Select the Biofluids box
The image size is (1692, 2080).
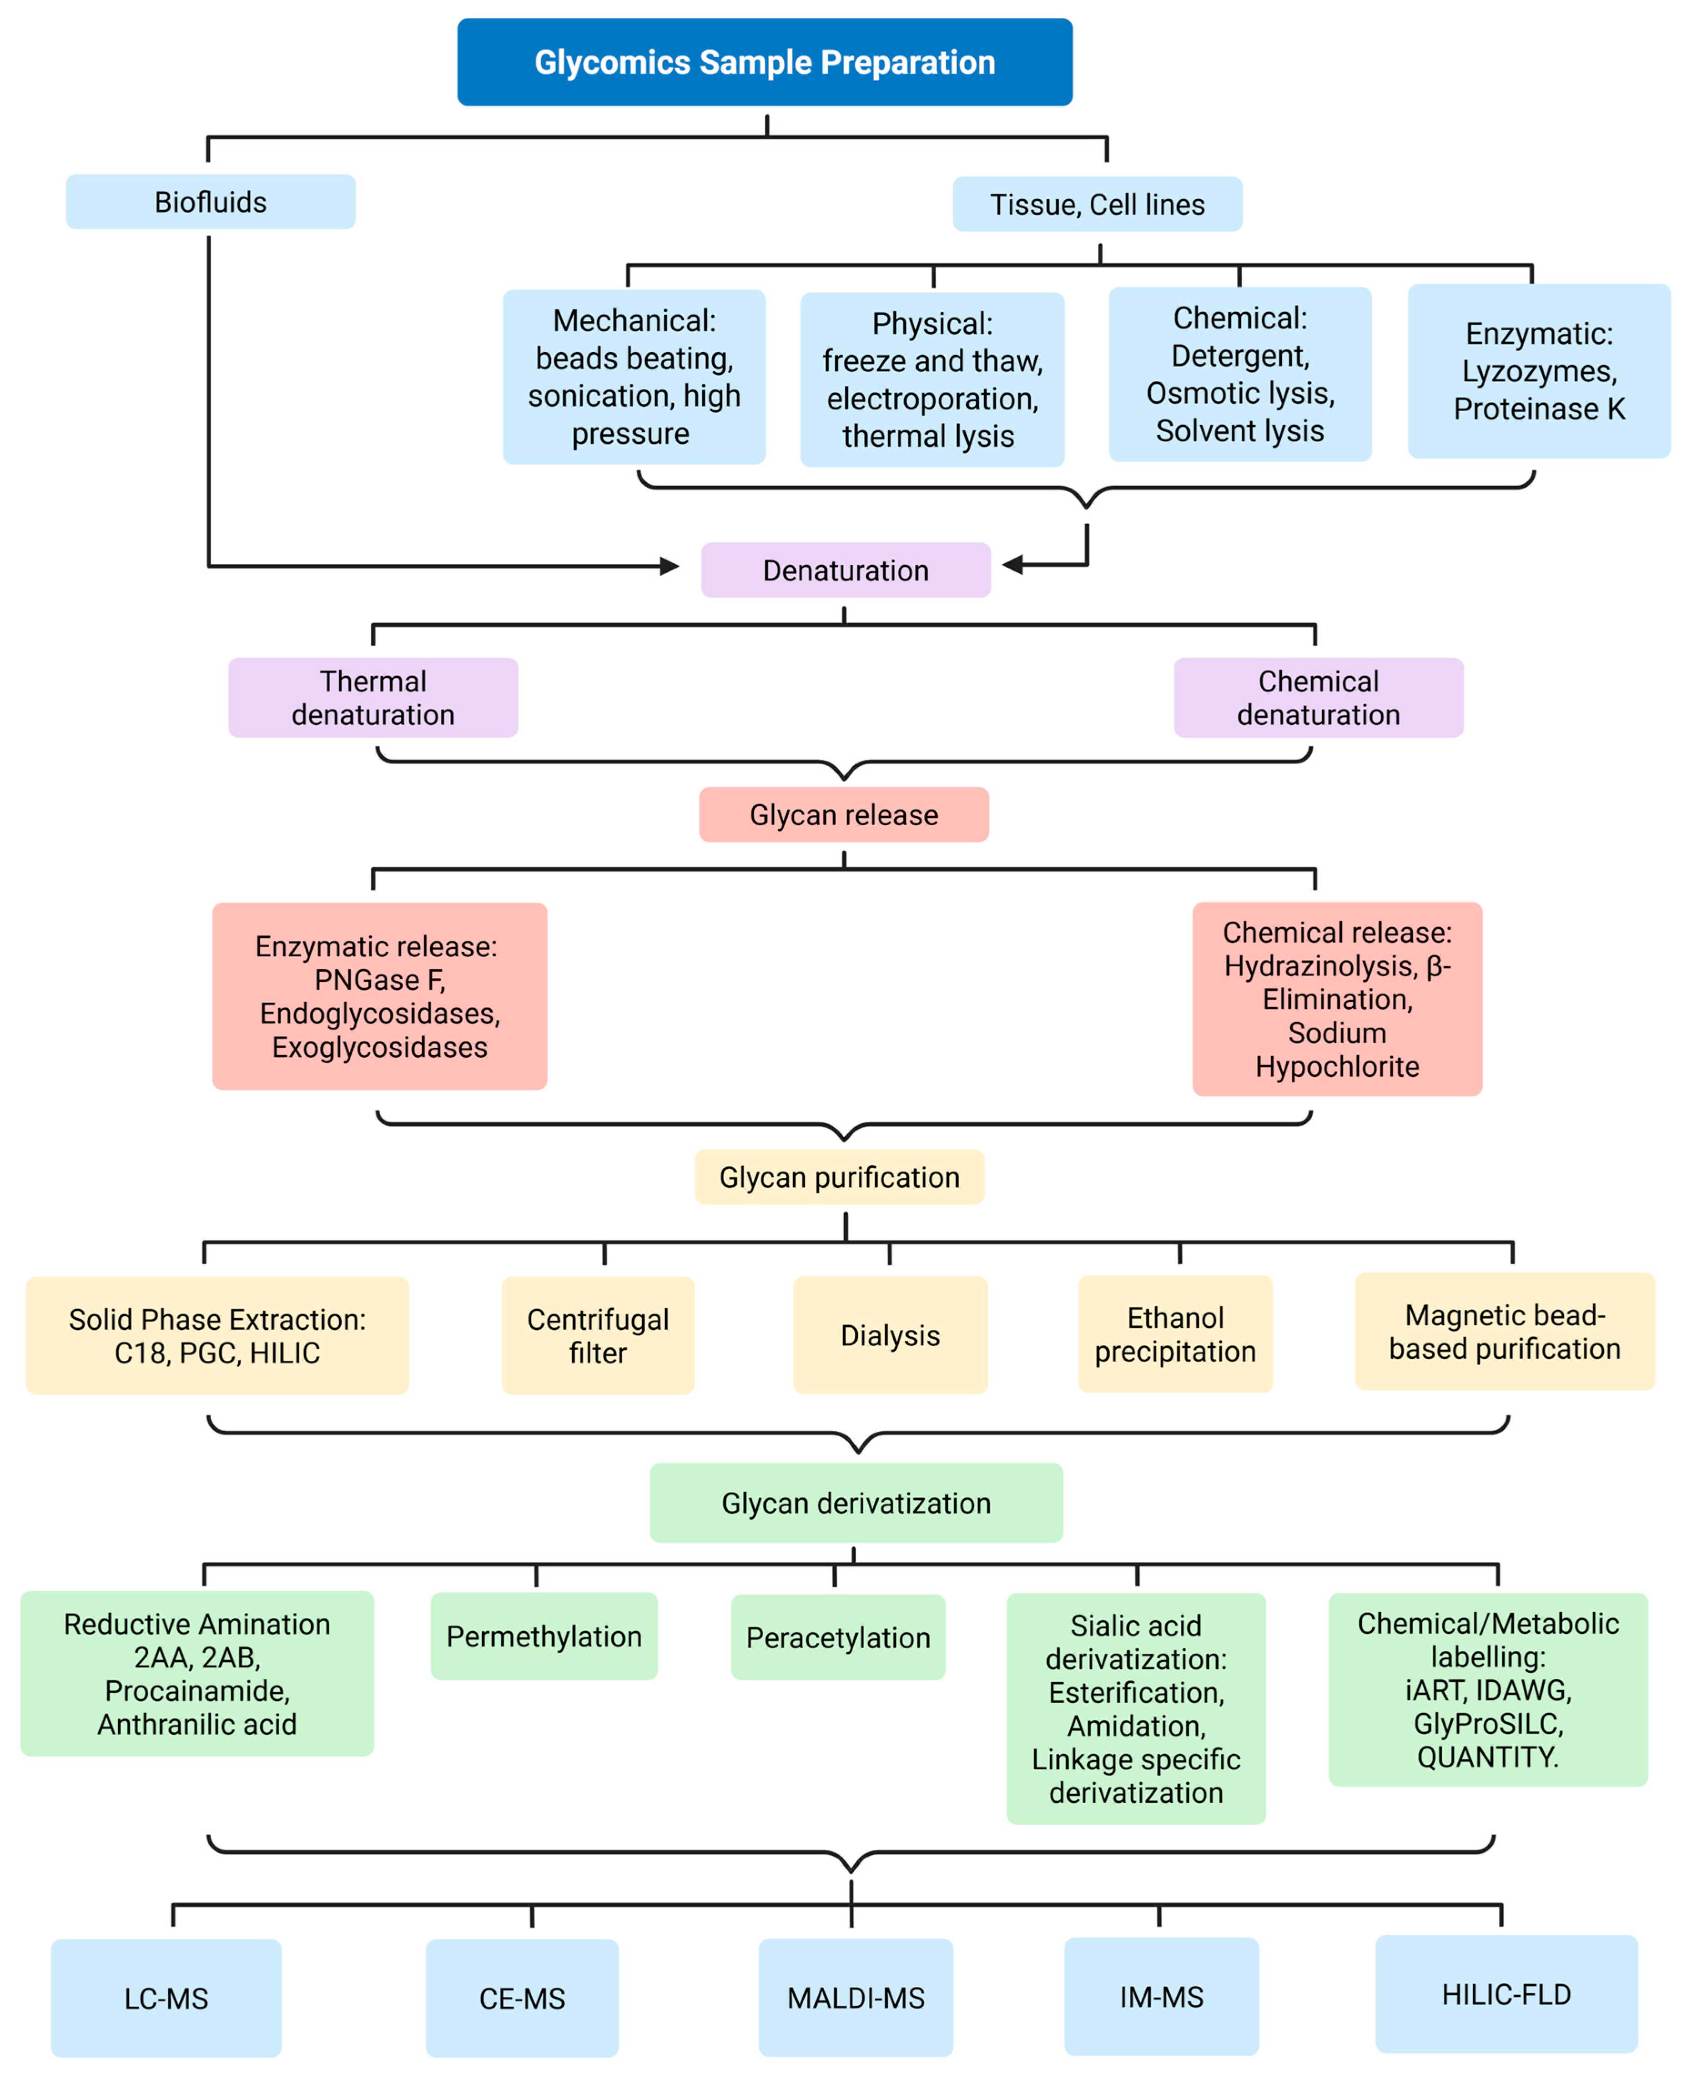click(x=211, y=202)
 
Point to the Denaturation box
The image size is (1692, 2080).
click(x=845, y=570)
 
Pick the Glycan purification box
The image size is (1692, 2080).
click(x=839, y=1177)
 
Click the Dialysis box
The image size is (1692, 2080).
click(x=890, y=1335)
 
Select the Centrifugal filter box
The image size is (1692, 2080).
click(x=598, y=1335)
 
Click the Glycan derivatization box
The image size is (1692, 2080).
click(x=856, y=1503)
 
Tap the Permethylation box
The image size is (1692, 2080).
click(x=544, y=1636)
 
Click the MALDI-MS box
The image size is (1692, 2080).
click(x=856, y=1998)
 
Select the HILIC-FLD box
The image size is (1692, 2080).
click(x=1506, y=1994)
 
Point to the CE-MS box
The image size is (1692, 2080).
click(x=521, y=1998)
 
